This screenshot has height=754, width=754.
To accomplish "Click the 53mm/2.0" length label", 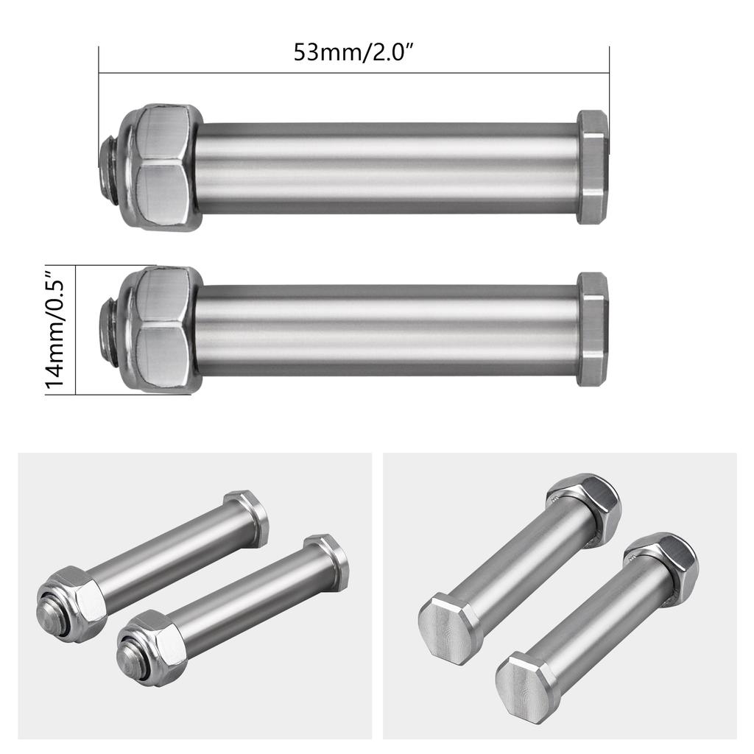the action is (x=354, y=52).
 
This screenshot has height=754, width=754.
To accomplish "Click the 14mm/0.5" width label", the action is (x=54, y=329).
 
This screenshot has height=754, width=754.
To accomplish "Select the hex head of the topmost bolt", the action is (x=593, y=167).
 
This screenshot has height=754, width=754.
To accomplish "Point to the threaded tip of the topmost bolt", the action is (x=109, y=167).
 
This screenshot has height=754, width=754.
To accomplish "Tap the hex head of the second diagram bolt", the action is (x=593, y=329).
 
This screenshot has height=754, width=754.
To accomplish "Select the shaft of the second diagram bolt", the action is (x=387, y=330).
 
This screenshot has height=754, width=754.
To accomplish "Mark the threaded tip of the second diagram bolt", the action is (x=109, y=330).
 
